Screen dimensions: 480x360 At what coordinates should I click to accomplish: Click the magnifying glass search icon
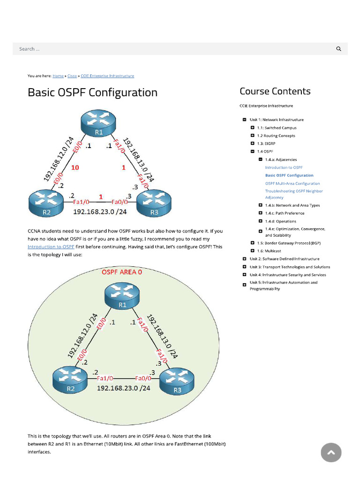338,49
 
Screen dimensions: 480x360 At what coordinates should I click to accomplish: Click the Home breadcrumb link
58,76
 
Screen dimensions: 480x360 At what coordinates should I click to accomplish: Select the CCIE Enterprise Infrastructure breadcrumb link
107,76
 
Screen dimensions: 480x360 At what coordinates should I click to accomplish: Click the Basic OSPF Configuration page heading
92,92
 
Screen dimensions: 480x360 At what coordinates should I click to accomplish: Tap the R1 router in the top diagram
99,123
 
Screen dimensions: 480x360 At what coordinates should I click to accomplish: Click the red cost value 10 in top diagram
75,167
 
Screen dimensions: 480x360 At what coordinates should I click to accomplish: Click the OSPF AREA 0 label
122,272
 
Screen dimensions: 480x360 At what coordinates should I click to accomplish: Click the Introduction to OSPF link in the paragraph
51,247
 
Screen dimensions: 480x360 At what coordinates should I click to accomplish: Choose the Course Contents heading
275,91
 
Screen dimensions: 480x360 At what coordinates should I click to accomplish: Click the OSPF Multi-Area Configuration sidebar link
292,184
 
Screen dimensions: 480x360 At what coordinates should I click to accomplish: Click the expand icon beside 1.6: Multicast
253,251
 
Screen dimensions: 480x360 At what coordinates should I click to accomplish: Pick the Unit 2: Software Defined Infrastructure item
285,259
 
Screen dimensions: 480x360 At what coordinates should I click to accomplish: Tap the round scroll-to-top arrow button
331,452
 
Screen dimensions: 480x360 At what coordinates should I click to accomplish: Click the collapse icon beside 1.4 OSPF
253,151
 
